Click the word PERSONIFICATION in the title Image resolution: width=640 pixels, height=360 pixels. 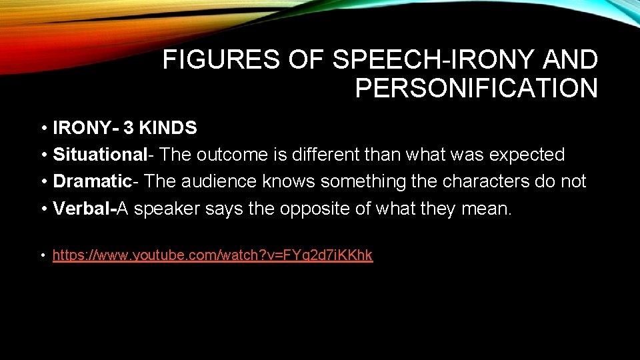[x=476, y=88]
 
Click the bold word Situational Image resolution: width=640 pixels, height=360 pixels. [x=99, y=155]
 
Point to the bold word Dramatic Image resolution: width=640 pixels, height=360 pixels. [x=92, y=181]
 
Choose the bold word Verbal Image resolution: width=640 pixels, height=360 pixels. [x=83, y=208]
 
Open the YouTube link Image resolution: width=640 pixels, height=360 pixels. [x=212, y=255]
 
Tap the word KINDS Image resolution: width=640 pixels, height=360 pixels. [x=169, y=128]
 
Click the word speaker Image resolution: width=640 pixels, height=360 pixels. [x=167, y=208]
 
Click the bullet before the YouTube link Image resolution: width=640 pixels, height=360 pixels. [x=42, y=255]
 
